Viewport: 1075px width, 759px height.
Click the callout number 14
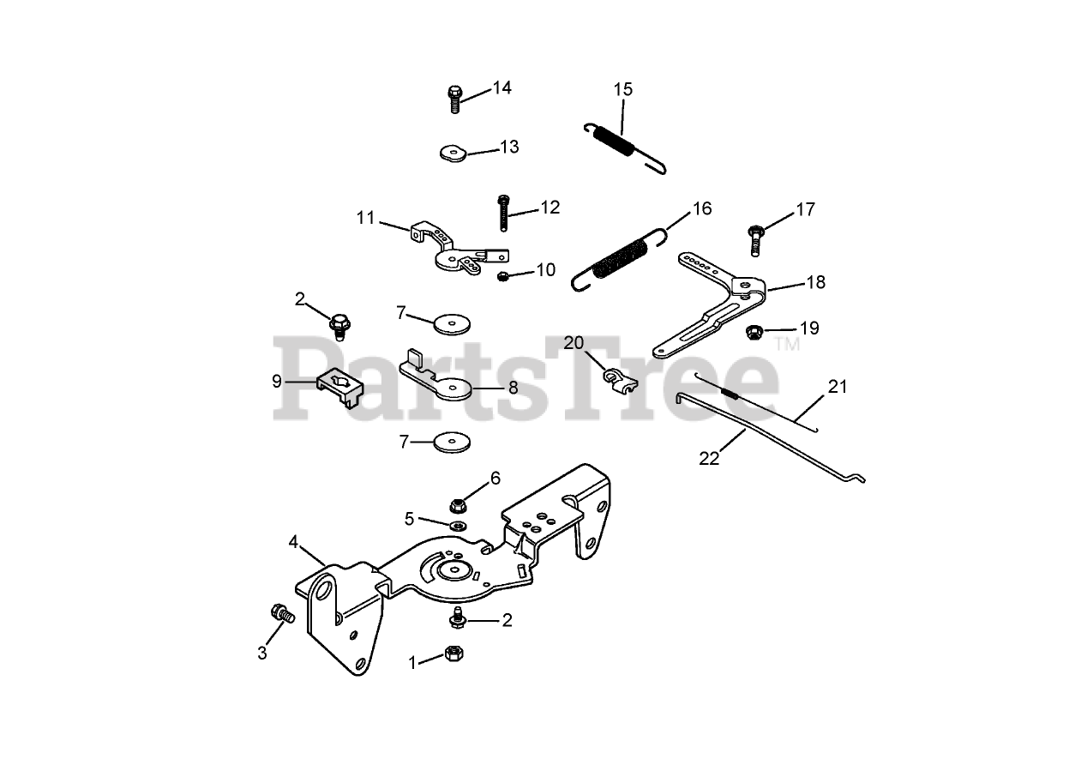pyautogui.click(x=501, y=87)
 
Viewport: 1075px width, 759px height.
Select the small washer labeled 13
pyautogui.click(x=450, y=153)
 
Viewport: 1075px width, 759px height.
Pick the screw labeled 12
pyautogui.click(x=501, y=212)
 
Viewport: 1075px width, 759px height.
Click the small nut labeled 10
pyautogui.click(x=504, y=275)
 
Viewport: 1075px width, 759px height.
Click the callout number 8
pyautogui.click(x=513, y=387)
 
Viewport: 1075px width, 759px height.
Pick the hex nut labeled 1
pyautogui.click(x=453, y=656)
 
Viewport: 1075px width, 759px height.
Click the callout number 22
pyautogui.click(x=709, y=458)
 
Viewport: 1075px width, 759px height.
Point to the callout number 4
pyautogui.click(x=293, y=542)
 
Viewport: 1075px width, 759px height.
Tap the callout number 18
pyautogui.click(x=815, y=281)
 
